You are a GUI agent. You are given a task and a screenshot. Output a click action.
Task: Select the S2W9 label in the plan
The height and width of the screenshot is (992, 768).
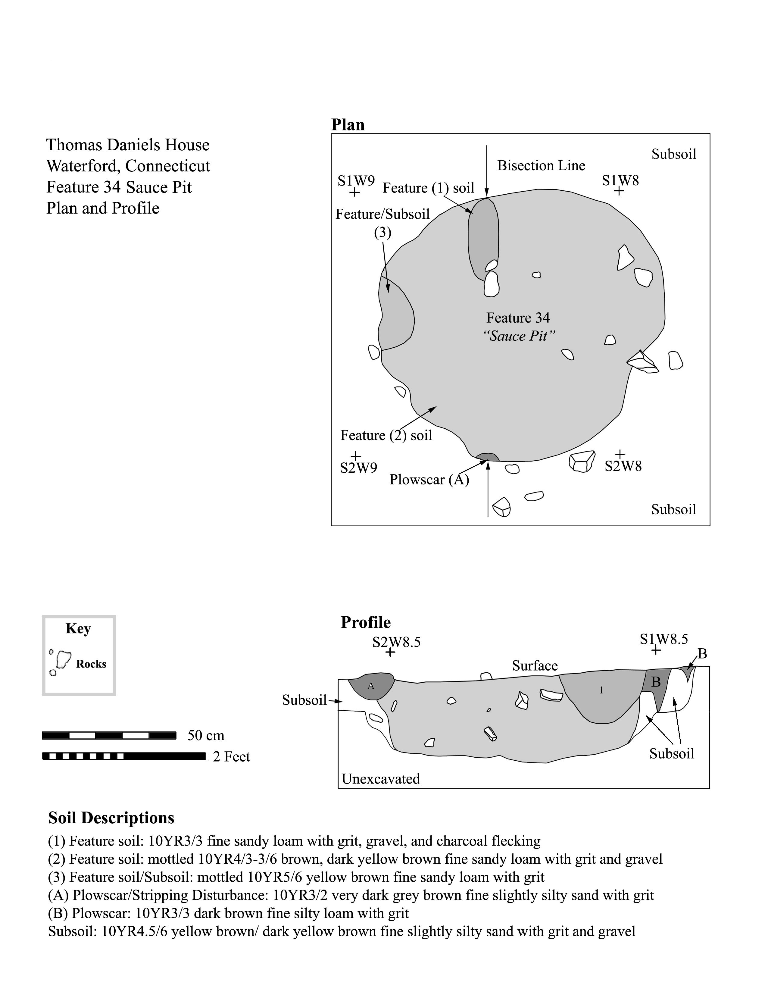point(358,468)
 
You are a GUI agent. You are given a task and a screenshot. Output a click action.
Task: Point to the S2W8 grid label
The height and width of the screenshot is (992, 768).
point(623,466)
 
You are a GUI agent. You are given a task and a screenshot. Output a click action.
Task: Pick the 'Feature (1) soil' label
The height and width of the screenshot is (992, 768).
point(428,188)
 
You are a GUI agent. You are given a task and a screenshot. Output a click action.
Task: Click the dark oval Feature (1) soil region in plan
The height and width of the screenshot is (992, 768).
point(484,236)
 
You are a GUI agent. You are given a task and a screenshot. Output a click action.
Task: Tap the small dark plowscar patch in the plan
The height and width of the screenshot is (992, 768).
point(487,457)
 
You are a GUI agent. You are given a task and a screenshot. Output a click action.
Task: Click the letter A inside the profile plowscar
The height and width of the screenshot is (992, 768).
point(371,686)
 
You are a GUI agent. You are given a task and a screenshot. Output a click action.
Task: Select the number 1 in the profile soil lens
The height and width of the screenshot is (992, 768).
point(601,690)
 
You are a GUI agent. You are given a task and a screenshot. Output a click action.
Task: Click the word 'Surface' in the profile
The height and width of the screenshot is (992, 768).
point(535,666)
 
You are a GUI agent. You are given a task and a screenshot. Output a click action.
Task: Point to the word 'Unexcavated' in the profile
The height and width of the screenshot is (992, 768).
point(381,779)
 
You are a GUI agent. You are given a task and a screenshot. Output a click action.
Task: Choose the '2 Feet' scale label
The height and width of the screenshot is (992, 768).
point(231,757)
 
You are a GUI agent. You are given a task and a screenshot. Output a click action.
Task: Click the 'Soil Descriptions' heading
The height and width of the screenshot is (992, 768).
point(111,818)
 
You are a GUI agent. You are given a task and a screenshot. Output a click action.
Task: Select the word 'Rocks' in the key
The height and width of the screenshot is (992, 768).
point(91,664)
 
